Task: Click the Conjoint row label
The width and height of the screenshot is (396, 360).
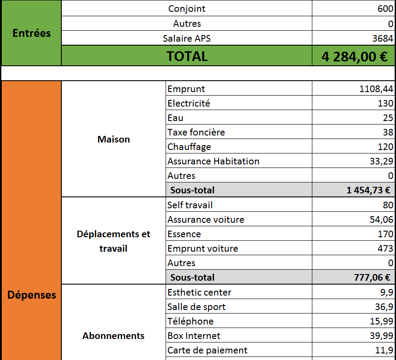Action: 187,9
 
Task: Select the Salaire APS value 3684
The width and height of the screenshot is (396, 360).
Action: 382,39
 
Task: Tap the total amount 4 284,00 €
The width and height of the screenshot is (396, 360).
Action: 354,57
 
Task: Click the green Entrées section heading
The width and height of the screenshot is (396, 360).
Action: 32,33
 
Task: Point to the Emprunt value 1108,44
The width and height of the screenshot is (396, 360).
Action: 376,89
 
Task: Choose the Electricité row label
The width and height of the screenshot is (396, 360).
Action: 189,103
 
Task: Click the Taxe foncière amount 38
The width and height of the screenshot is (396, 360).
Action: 388,132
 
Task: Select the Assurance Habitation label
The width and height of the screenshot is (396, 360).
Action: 213,161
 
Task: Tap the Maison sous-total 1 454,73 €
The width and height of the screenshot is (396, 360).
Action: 368,190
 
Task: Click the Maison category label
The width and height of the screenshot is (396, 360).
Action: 113,139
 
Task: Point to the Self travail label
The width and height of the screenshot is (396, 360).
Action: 190,205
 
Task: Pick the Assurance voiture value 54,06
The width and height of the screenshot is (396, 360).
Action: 382,219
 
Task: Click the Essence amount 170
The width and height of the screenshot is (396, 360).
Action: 385,234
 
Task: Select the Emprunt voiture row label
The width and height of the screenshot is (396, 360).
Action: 203,249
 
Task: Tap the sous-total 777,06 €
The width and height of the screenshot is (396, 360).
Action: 372,277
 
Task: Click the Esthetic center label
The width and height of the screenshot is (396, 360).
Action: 199,292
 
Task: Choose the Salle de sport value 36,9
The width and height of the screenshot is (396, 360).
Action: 384,307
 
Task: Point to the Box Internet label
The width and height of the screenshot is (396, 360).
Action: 194,336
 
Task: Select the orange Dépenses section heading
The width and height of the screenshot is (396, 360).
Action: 32,295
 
